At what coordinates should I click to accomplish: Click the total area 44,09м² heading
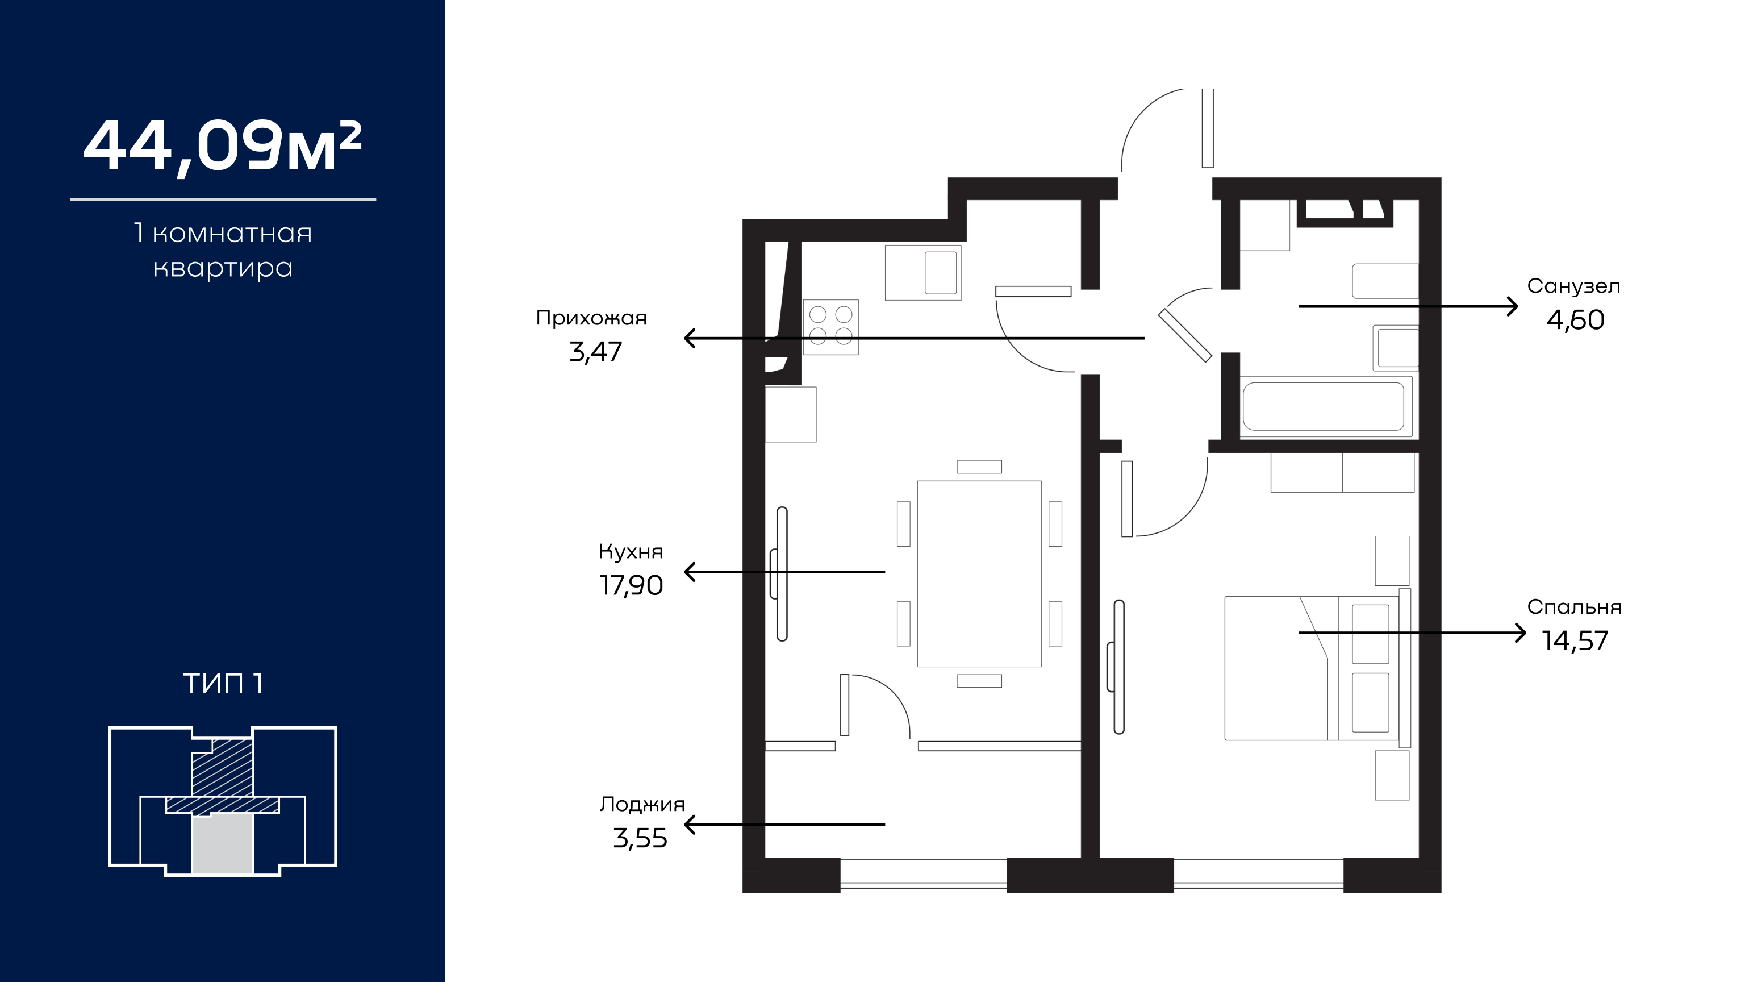coord(222,147)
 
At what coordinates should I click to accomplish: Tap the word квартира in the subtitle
coord(223,268)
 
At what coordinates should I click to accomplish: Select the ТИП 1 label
coord(223,684)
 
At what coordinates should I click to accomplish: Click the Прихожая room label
coord(591,318)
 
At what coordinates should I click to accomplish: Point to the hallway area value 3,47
coord(595,352)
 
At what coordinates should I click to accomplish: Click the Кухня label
coord(631,552)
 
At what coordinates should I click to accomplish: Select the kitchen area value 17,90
coord(631,585)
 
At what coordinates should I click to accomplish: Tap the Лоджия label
coord(641,805)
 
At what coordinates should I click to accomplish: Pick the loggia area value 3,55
coord(640,838)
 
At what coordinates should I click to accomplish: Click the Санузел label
coord(1573,286)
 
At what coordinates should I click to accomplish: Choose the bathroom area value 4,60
coord(1575,320)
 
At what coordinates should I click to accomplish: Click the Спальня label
coord(1574,607)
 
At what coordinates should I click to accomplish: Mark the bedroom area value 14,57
coord(1575,641)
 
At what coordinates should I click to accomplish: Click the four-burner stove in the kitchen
coord(830,327)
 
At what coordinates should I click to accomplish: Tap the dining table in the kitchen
coord(979,574)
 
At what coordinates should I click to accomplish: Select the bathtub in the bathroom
coord(1323,407)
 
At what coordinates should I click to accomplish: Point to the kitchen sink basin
coord(941,272)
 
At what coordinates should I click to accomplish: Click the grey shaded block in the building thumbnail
coord(223,844)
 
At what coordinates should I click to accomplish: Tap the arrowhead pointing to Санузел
coord(1512,306)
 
